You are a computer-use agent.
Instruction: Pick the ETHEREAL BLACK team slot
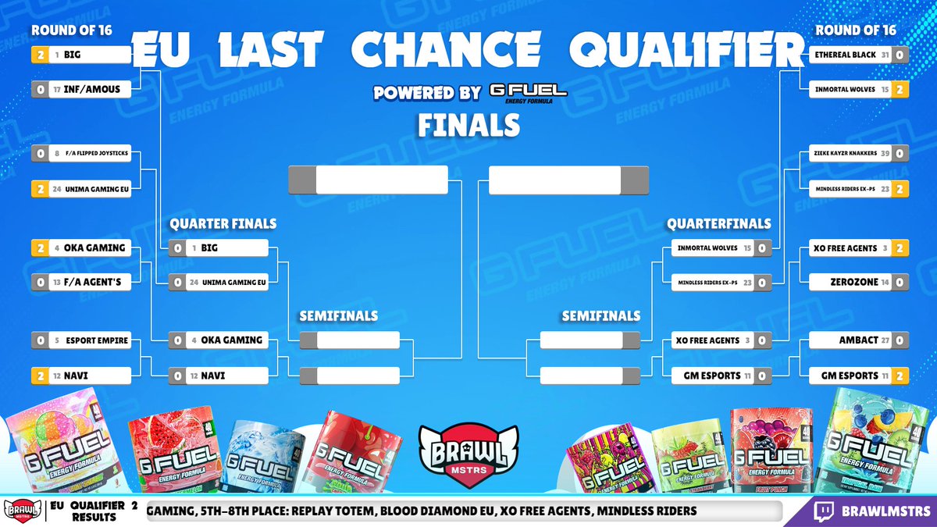point(839,55)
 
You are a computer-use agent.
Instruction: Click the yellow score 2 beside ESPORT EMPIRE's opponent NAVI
point(40,376)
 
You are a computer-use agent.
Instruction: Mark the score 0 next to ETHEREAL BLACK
point(900,55)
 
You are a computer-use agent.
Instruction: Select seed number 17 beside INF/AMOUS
point(58,89)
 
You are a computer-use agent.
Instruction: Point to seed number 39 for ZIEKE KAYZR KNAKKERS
point(882,154)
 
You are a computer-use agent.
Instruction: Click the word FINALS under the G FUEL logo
point(468,123)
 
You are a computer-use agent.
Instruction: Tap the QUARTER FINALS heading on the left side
point(223,224)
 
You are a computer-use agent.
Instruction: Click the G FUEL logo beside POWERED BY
point(528,92)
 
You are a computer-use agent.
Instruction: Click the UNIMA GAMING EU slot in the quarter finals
point(227,282)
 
